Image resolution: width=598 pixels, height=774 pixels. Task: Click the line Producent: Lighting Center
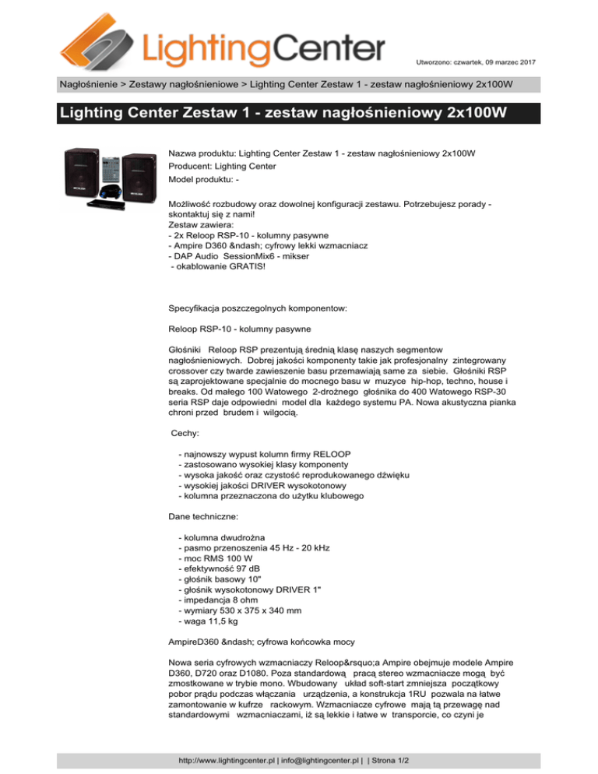coord(220,165)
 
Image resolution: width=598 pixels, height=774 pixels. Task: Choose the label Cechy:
coord(187,431)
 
